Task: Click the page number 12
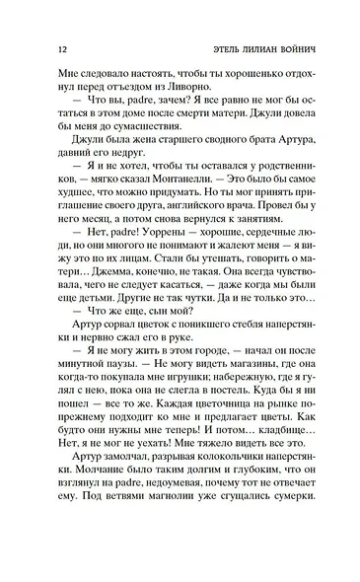(x=36, y=47)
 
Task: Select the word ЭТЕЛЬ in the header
(x=203, y=47)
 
